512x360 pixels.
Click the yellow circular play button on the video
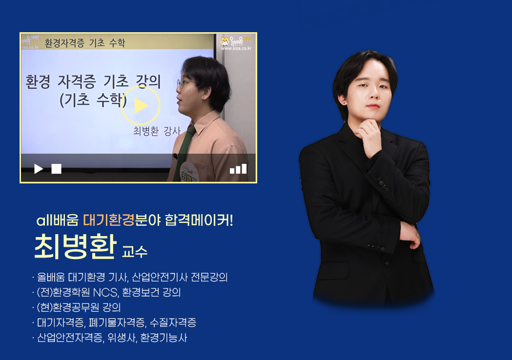click(141, 105)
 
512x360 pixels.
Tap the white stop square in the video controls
click(57, 169)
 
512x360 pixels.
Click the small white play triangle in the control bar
click(39, 169)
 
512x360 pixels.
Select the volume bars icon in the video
click(238, 169)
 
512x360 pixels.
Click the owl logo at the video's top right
click(225, 41)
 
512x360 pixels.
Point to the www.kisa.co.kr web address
click(236, 48)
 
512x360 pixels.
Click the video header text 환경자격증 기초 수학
click(85, 43)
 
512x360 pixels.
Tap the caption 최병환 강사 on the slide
click(157, 131)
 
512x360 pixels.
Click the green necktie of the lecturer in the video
click(185, 153)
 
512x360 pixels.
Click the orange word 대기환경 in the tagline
click(109, 220)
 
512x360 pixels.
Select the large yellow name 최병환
click(76, 247)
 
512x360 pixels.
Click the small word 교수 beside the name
click(135, 252)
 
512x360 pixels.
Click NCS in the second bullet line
click(105, 292)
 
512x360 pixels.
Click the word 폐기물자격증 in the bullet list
click(117, 322)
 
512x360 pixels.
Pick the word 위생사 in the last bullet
click(122, 338)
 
